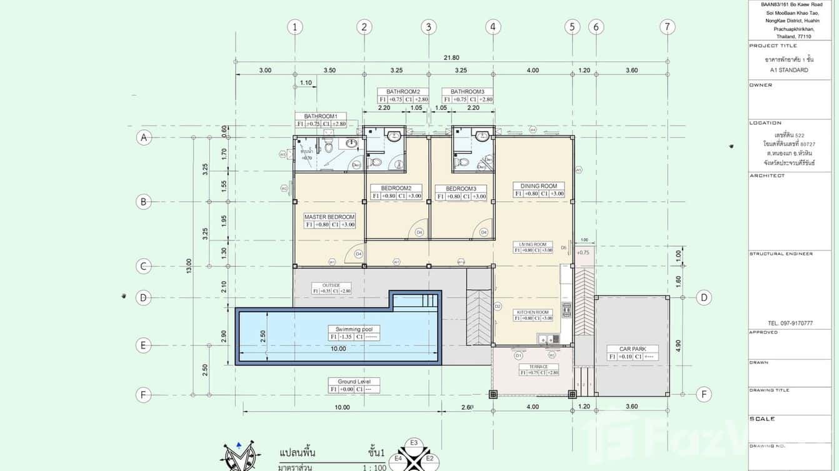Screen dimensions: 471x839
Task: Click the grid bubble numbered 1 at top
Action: pyautogui.click(x=295, y=27)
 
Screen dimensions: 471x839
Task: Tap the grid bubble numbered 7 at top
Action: pyautogui.click(x=668, y=27)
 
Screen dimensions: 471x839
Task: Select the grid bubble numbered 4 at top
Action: pyautogui.click(x=493, y=27)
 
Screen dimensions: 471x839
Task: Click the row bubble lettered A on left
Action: pyautogui.click(x=144, y=137)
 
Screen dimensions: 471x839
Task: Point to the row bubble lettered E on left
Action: pyautogui.click(x=144, y=345)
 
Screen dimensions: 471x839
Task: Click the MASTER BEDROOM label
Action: pyautogui.click(x=329, y=217)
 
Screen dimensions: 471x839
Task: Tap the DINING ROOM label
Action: pyautogui.click(x=538, y=186)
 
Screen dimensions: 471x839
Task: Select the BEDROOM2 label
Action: pyautogui.click(x=396, y=188)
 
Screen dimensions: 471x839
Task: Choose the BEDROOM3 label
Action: pyautogui.click(x=461, y=188)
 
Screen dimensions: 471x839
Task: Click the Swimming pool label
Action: pyautogui.click(x=354, y=329)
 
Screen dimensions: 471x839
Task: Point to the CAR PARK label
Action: pyautogui.click(x=632, y=349)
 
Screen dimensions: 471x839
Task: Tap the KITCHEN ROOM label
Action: pyautogui.click(x=533, y=312)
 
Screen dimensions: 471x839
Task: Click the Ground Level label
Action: pyautogui.click(x=354, y=382)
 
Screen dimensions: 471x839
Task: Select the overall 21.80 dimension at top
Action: pyautogui.click(x=451, y=57)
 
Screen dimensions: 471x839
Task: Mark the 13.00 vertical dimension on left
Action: pyautogui.click(x=189, y=266)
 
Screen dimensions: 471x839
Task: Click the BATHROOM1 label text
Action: pyautogui.click(x=321, y=116)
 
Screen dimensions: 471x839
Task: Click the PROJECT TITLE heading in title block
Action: pyautogui.click(x=773, y=46)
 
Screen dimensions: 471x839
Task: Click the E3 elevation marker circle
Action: pyautogui.click(x=413, y=443)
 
